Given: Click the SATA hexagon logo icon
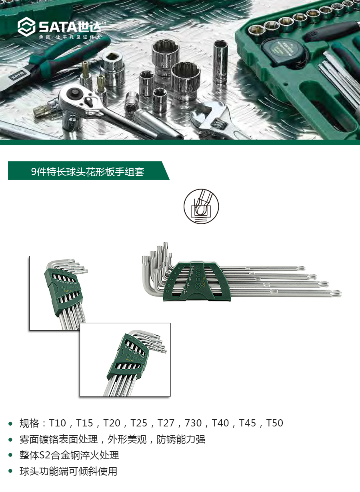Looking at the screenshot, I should click(26, 26).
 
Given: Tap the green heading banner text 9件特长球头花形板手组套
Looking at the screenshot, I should click(88, 172).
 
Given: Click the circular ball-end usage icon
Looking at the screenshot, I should click(201, 206).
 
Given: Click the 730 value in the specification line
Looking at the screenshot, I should click(193, 423).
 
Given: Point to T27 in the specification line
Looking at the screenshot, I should click(166, 423).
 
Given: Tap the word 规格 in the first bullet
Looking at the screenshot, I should click(30, 423).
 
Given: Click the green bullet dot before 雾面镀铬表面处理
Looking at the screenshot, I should click(11, 440).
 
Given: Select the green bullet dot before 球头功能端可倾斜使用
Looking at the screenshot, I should click(11, 472).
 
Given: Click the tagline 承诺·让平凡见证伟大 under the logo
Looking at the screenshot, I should click(68, 37).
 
